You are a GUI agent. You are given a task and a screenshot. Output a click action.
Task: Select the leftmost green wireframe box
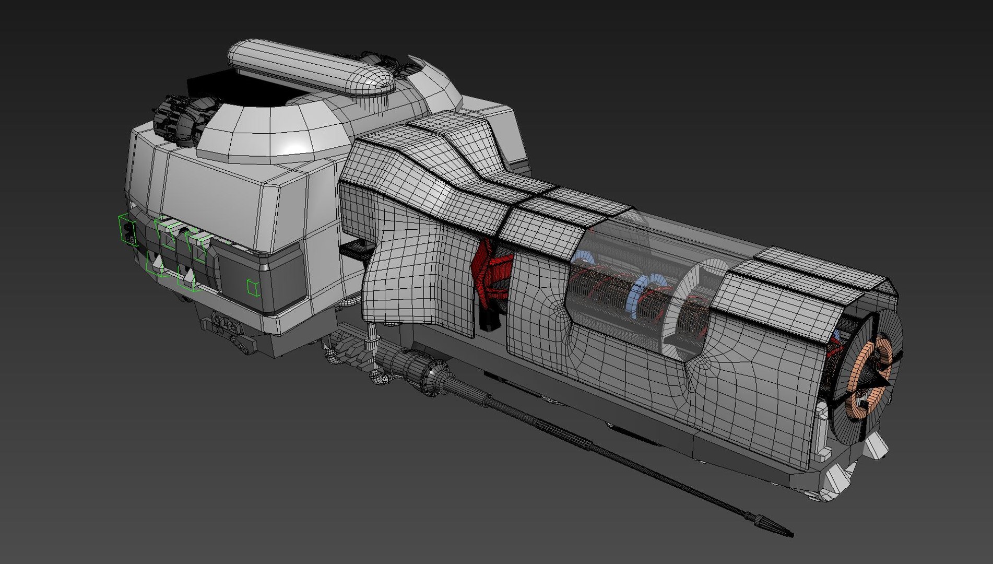click(127, 230)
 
